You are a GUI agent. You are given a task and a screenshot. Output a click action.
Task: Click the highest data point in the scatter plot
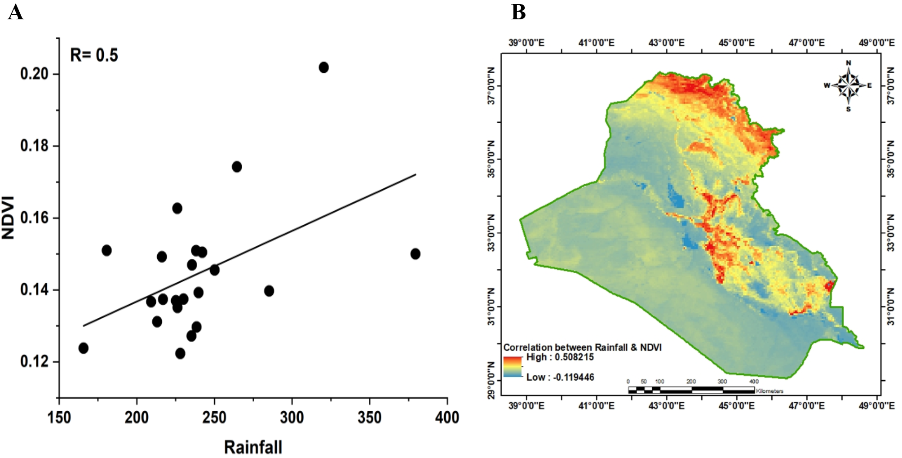click(x=323, y=67)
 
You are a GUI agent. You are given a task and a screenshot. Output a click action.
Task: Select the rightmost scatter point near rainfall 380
click(x=415, y=254)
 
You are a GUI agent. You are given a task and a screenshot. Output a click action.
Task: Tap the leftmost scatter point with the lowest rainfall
click(x=83, y=348)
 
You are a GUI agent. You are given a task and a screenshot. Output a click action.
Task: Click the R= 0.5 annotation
click(x=94, y=55)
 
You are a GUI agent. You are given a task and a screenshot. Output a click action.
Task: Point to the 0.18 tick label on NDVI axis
click(x=34, y=146)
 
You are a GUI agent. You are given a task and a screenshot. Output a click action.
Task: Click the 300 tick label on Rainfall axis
click(x=292, y=418)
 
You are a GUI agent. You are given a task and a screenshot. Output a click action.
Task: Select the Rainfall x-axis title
click(x=253, y=447)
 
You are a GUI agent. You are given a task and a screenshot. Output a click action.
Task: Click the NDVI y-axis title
click(x=9, y=218)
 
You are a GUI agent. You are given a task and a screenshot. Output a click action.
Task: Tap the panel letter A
click(x=15, y=12)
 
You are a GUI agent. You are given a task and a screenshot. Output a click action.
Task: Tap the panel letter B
click(x=518, y=12)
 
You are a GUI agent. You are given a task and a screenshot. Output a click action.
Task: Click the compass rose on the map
click(x=848, y=85)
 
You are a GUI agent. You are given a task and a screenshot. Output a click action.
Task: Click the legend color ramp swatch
click(x=513, y=366)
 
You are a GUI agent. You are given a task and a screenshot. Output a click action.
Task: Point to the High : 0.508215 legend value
click(x=560, y=357)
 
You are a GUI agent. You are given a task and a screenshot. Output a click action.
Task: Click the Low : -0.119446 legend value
click(x=560, y=377)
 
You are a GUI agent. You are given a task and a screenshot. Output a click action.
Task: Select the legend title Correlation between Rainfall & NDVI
click(x=582, y=347)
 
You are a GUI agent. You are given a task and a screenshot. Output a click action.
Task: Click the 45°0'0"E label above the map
click(x=737, y=43)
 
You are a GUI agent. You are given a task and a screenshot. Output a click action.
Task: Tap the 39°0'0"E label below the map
click(x=526, y=405)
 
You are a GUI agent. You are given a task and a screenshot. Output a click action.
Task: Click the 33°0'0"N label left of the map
click(x=491, y=233)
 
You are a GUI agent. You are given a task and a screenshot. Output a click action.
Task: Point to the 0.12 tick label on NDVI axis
click(x=34, y=361)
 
